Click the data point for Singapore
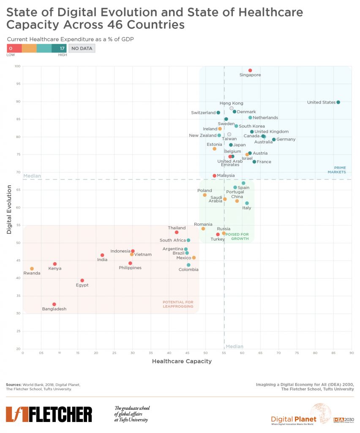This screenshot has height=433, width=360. [250, 71]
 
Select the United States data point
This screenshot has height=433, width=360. [338, 102]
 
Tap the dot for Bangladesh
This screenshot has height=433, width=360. [54, 304]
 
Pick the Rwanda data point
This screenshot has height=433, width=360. [32, 269]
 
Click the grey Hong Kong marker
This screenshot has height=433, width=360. [232, 108]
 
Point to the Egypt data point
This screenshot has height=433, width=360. [82, 280]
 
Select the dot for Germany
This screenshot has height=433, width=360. [274, 140]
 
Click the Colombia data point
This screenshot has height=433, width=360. [188, 265]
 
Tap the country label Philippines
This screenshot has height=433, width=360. [130, 268]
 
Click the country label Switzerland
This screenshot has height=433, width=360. [203, 113]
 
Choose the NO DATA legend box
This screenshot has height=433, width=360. [82, 49]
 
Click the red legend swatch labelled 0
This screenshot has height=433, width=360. [14, 49]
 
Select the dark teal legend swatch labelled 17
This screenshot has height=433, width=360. [59, 49]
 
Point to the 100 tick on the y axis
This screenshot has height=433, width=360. [17, 66]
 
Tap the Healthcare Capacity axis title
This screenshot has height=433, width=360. [182, 362]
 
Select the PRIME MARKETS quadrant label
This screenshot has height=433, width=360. [337, 170]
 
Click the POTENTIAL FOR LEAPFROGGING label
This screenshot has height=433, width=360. [178, 304]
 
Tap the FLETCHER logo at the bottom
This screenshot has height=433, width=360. [49, 414]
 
